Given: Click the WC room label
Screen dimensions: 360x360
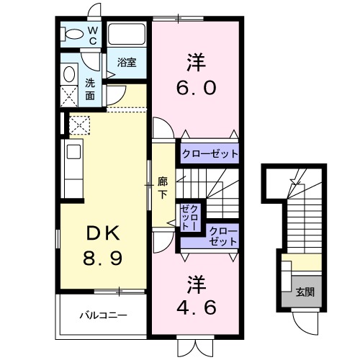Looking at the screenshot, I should click(93, 35).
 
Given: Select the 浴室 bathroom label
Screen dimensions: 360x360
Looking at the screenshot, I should click(127, 63).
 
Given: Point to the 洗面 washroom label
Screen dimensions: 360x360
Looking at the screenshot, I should click(90, 89).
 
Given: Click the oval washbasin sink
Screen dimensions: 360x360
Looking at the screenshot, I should click(70, 74).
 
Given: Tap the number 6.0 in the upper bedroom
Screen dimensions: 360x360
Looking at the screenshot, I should click(194, 89).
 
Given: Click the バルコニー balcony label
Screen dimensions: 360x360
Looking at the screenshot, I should click(103, 315).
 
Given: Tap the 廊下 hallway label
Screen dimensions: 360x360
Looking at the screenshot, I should click(163, 188).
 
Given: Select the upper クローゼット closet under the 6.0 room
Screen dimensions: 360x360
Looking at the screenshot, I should click(209, 153).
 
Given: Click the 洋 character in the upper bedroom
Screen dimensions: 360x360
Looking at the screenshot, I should click(194, 60).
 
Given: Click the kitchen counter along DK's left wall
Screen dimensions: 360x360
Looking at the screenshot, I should click(73, 168).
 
